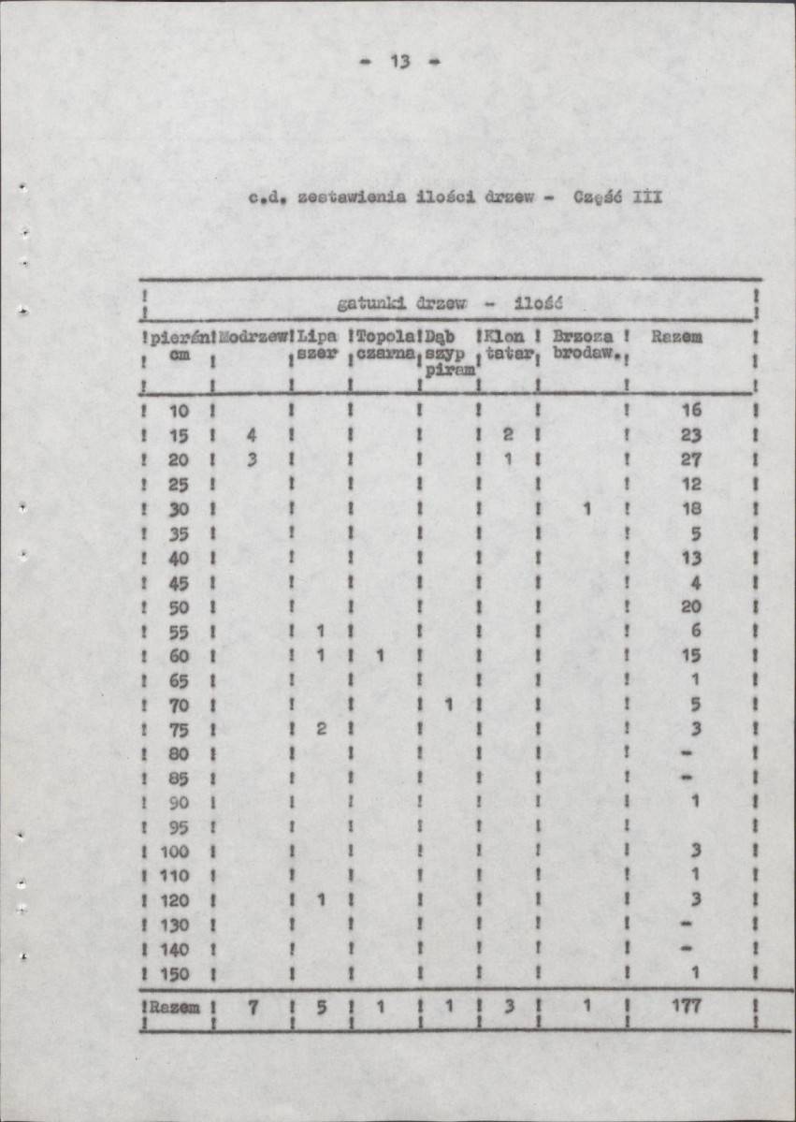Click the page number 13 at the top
[400, 62]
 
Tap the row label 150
[174, 974]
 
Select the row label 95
[178, 827]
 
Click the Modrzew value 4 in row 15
[251, 435]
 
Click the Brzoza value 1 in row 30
[586, 508]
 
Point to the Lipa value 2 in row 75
[320, 728]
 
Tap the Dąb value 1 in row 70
[448, 704]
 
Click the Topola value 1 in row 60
[381, 655]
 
